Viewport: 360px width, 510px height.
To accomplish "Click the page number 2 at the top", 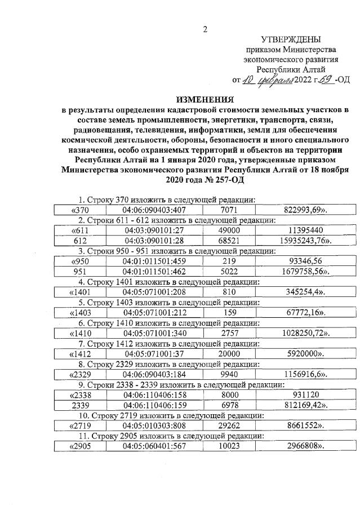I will coord(206,29).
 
